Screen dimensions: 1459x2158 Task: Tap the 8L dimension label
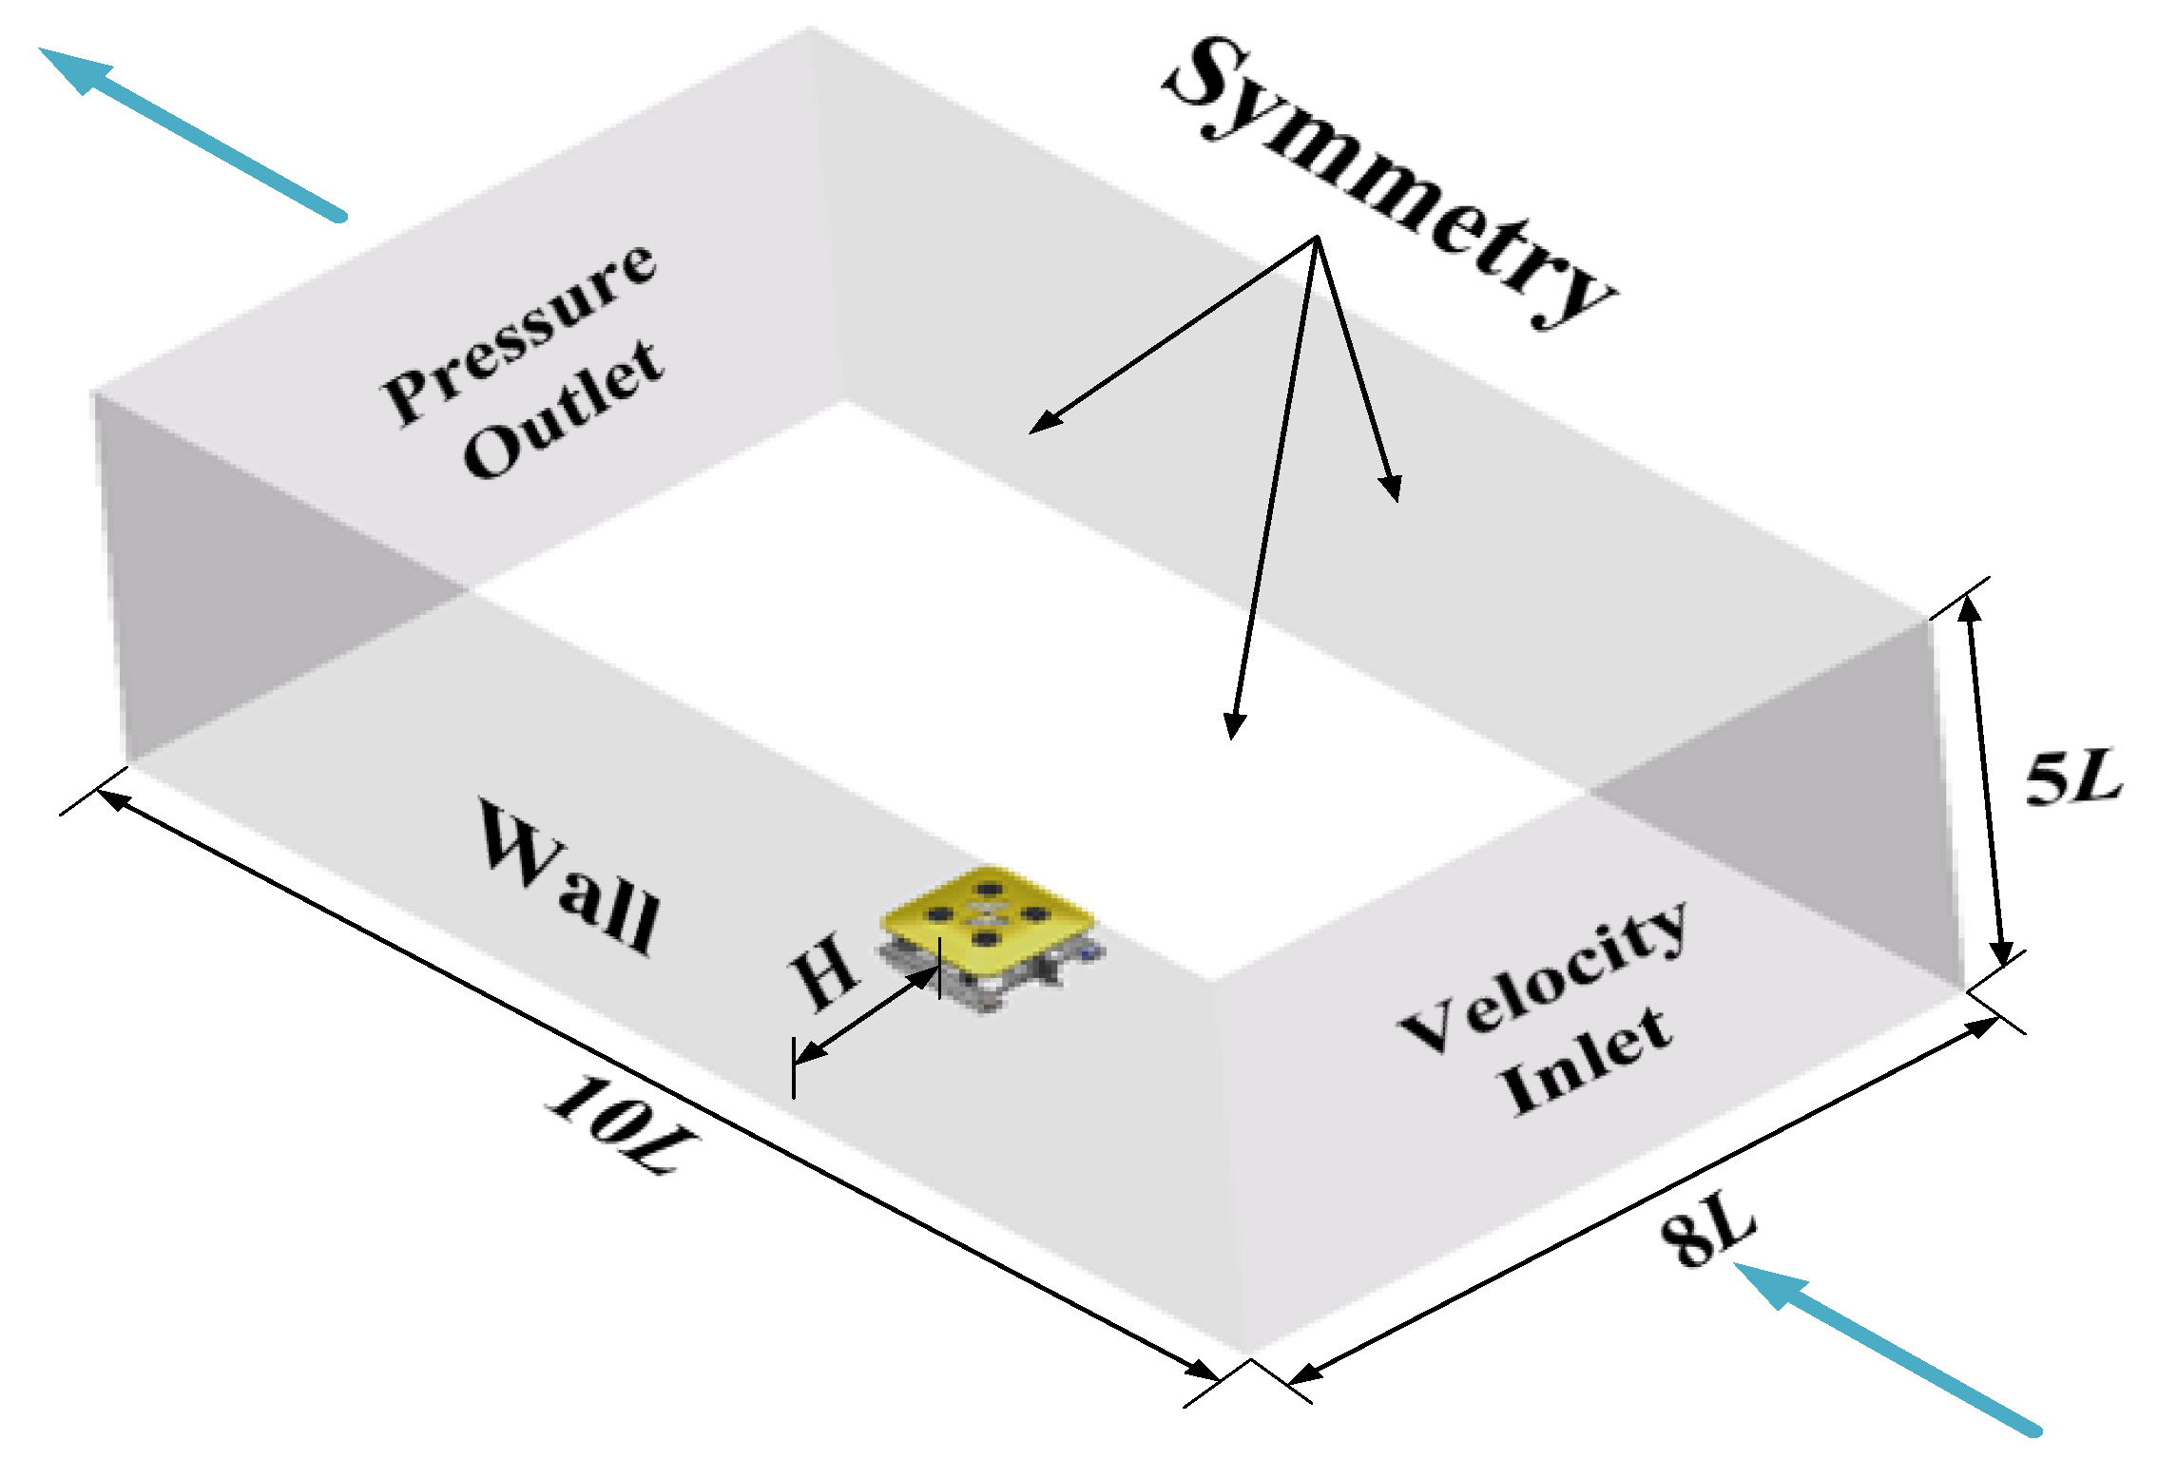click(1707, 1236)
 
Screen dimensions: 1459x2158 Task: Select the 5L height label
click(2072, 777)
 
